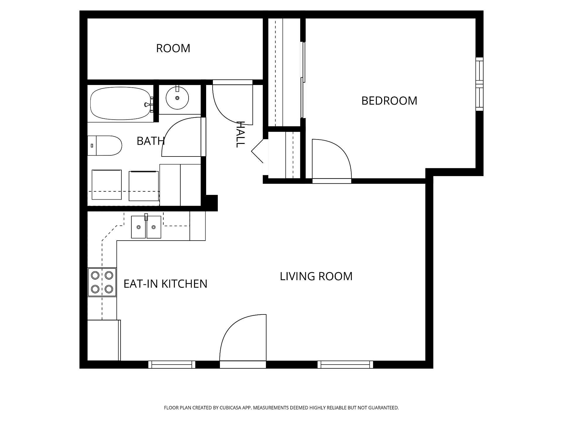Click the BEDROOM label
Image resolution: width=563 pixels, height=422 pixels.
coord(389,101)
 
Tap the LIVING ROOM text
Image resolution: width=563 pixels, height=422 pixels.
coord(316,276)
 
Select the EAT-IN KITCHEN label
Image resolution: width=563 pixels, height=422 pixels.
coord(165,284)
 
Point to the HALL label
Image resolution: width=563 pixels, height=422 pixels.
coord(240,134)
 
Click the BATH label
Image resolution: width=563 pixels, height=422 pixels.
coord(151,141)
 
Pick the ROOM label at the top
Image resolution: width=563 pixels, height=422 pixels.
coord(173,48)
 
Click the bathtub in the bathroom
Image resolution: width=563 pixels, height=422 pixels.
coord(121,104)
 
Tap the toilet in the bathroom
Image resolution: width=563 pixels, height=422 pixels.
coord(105,146)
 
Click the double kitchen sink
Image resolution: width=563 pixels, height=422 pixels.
coord(146,227)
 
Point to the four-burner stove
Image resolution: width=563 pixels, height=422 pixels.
coord(102,282)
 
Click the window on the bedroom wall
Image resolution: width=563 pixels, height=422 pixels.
coord(479,84)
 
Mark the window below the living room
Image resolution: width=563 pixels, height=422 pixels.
coord(345,365)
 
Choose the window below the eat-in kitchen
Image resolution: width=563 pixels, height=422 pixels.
coord(172,365)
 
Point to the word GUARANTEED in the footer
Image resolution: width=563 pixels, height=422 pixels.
coord(384,408)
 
